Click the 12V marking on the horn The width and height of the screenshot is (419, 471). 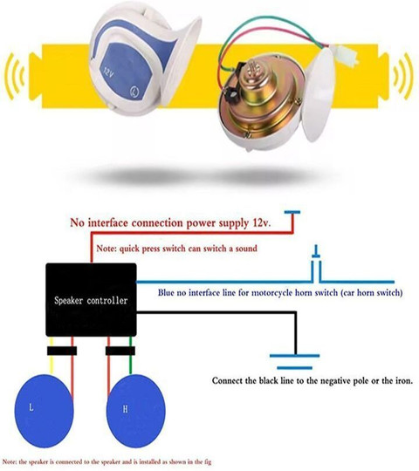(108, 72)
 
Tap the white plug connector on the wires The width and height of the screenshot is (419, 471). (347, 55)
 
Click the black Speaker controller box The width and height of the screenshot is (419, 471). (91, 300)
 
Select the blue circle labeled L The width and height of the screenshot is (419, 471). (44, 411)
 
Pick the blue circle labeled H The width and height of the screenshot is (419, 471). (136, 411)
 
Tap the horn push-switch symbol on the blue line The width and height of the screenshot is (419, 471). (316, 264)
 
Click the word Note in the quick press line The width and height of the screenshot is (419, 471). (106, 249)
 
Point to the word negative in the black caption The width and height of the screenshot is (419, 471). (336, 381)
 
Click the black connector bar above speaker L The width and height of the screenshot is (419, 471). (62, 351)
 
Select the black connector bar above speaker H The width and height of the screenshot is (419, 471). (120, 351)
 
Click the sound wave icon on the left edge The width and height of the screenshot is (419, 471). (15, 76)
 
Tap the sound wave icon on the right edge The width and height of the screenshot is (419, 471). (403, 76)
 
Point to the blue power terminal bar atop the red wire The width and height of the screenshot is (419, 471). (292, 212)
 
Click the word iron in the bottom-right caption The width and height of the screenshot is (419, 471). (403, 381)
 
